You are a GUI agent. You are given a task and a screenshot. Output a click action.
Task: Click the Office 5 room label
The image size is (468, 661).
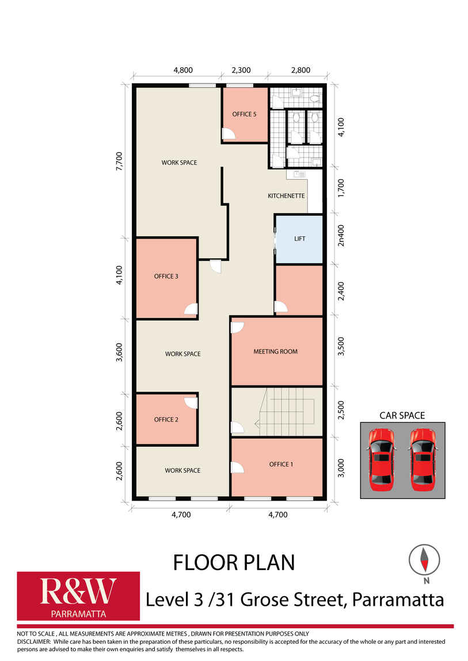244,114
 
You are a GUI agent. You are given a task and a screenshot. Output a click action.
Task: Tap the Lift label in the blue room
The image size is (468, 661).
299,239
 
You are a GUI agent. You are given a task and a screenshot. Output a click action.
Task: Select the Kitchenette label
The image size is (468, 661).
286,195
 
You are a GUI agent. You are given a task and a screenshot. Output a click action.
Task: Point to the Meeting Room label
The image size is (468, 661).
276,351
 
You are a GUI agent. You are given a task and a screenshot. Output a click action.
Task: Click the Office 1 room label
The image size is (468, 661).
281,464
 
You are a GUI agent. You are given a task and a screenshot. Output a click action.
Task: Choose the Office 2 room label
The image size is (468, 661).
166,420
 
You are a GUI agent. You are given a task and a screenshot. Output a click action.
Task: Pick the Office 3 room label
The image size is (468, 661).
166,276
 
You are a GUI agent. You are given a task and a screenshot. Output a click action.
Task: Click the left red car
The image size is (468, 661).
382,460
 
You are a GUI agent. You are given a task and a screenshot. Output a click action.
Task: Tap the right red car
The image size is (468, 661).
423,460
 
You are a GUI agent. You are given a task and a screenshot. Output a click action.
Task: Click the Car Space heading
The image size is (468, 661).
402,415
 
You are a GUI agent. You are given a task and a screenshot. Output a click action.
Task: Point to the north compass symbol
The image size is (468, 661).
424,560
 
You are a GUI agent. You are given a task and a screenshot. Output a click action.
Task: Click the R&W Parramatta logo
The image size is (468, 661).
78,595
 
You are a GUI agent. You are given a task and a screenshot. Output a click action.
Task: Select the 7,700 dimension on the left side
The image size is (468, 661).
119,161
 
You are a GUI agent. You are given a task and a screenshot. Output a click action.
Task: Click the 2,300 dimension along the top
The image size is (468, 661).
241,70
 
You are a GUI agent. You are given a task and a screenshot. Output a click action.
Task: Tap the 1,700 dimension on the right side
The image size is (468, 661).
341,188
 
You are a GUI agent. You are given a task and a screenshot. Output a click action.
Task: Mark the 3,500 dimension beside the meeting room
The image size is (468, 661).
341,346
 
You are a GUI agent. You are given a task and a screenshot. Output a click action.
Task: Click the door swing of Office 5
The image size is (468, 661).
229,133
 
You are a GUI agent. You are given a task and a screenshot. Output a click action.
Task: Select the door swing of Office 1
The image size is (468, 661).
238,467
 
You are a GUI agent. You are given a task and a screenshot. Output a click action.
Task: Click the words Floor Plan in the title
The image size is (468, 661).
234,563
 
